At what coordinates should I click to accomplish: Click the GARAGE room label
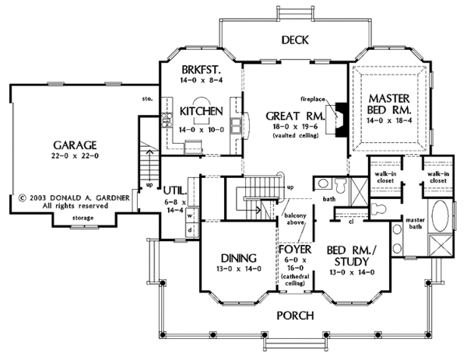(x=75, y=145)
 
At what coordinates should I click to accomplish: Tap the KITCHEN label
(x=202, y=111)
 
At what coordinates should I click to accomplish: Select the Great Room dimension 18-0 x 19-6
(x=292, y=126)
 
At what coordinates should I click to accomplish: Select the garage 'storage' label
(x=83, y=218)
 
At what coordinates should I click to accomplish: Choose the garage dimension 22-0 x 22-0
(x=75, y=156)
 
